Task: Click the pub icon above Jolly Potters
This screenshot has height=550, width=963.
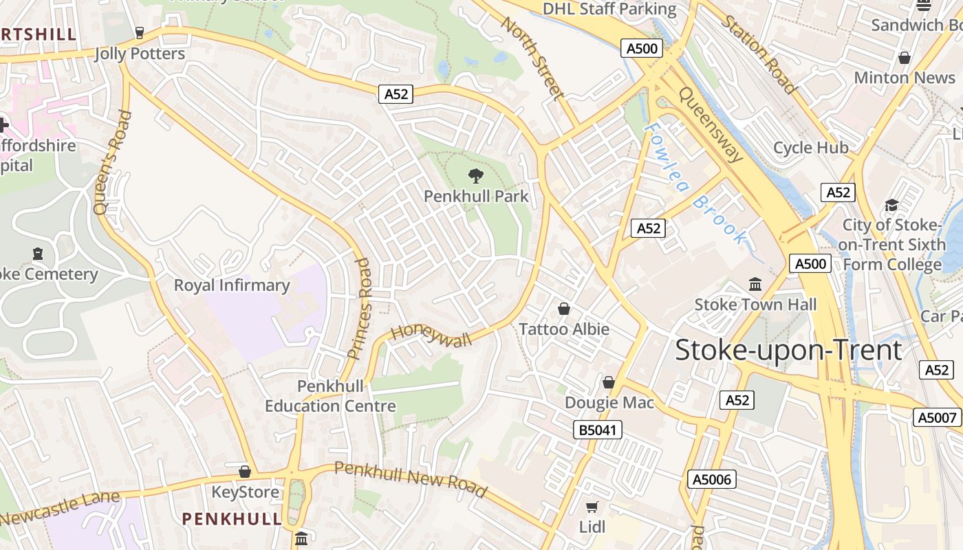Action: (140, 33)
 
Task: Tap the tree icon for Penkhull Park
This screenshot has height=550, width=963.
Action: (475, 175)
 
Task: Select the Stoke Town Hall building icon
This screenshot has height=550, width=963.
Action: (755, 284)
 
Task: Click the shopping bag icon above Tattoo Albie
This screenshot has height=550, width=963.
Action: (564, 309)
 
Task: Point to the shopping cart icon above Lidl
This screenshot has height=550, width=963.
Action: (592, 507)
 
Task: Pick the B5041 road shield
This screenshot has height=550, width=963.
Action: (597, 430)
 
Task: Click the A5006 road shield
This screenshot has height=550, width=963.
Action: (712, 479)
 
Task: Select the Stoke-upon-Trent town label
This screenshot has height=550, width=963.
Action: (788, 350)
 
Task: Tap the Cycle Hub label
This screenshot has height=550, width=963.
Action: (810, 148)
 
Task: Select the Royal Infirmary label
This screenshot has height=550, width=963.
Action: (232, 285)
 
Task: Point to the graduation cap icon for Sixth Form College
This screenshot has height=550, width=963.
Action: (891, 205)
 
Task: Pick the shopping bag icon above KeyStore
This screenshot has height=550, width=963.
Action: (244, 472)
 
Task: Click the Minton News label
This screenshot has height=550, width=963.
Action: (905, 78)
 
